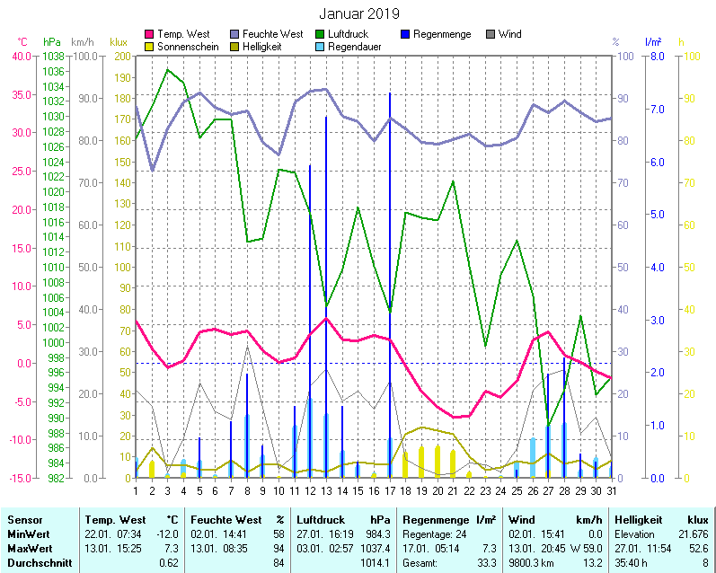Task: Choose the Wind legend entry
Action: click(x=508, y=34)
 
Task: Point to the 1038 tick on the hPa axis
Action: click(x=52, y=56)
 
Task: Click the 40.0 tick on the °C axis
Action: click(x=22, y=56)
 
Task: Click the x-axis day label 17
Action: click(x=390, y=489)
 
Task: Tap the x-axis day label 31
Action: click(x=611, y=489)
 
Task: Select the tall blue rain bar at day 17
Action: click(x=390, y=269)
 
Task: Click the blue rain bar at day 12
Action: click(x=310, y=314)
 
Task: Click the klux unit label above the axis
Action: click(x=119, y=42)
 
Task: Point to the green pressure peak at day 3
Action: click(x=167, y=69)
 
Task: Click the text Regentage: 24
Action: click(x=437, y=534)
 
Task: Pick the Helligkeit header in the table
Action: click(x=637, y=520)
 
